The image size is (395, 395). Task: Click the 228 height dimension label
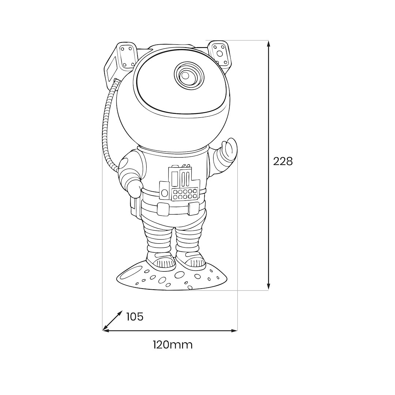coord(283,162)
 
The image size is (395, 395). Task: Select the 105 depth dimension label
coord(135,317)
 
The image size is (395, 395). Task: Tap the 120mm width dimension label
coord(173,345)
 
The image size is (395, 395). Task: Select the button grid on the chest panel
coord(185,194)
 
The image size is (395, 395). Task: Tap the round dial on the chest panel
coord(165,193)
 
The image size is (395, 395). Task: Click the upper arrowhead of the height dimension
coord(268,43)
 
